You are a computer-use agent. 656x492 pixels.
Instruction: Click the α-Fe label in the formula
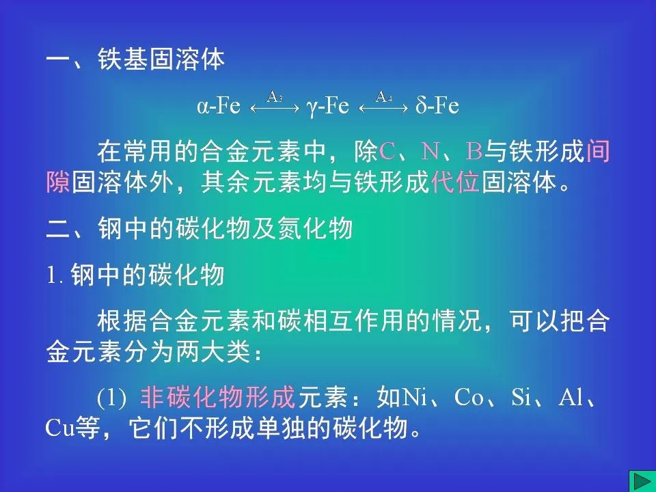219,106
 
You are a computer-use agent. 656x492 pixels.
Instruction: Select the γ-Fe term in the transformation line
329,106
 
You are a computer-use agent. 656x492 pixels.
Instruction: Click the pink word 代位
456,182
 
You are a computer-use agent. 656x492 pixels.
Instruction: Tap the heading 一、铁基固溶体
135,60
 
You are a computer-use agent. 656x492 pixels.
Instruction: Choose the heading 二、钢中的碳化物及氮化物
199,229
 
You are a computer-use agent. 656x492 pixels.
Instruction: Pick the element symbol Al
571,398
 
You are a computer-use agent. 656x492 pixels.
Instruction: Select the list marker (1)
111,398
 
